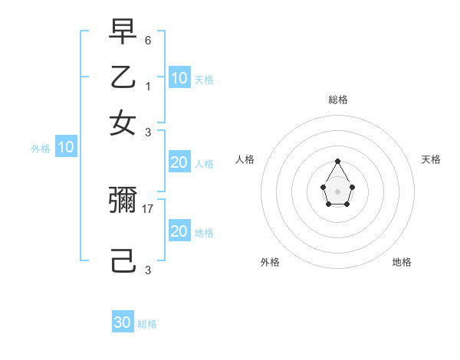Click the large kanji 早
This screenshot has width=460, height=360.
click(123, 33)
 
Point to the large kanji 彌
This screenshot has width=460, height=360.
click(123, 201)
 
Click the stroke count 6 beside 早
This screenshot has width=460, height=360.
click(148, 40)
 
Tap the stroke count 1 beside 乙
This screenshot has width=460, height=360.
click(148, 85)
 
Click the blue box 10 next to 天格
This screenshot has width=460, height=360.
click(179, 77)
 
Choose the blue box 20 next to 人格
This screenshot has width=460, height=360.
click(179, 162)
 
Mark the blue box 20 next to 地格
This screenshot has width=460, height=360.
click(179, 231)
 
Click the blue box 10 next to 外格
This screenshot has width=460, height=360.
click(66, 147)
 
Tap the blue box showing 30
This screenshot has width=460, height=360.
click(123, 322)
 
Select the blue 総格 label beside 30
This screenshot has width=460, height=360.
click(147, 324)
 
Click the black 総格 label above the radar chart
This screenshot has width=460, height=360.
click(337, 100)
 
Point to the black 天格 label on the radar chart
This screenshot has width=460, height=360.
click(431, 159)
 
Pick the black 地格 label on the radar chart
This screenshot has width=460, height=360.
click(402, 262)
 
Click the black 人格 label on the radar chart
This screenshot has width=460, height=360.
click(245, 159)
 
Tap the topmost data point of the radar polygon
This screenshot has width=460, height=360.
click(337, 161)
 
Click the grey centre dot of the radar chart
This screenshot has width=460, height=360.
click(337, 191)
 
